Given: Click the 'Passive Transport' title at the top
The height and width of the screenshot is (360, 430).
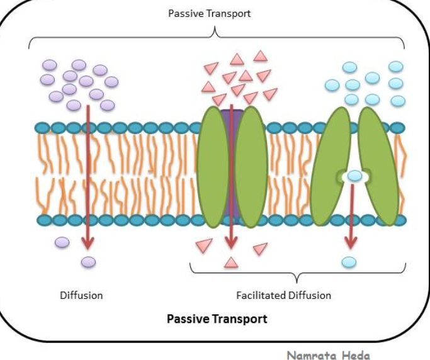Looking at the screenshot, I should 209,13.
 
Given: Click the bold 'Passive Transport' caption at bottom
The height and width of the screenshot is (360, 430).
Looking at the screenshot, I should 217,318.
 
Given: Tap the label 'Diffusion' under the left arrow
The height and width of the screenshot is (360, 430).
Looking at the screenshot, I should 81,295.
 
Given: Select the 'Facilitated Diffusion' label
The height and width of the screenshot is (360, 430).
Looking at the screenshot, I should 283,295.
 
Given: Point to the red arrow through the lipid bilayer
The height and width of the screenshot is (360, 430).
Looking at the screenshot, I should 88,183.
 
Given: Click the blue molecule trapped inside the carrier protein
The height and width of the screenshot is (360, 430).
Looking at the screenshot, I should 355,176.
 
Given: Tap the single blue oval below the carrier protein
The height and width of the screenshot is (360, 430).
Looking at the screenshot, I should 349,261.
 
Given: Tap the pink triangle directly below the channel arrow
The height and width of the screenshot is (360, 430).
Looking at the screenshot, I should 231,262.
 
